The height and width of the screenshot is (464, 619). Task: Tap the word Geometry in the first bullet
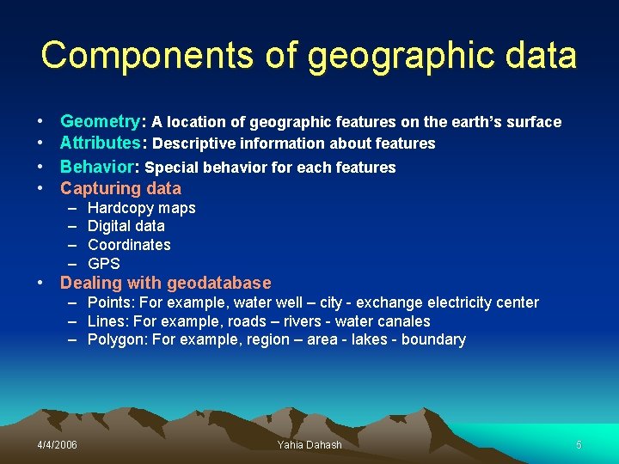[100, 122]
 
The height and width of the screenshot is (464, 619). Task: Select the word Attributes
[100, 143]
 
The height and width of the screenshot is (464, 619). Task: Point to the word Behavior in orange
[96, 166]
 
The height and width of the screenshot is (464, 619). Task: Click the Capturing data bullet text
[120, 188]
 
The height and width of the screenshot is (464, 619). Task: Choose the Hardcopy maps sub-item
[142, 208]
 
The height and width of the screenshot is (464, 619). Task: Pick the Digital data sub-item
[126, 226]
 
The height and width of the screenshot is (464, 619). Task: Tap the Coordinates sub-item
[129, 245]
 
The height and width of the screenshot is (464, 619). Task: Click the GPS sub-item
[104, 264]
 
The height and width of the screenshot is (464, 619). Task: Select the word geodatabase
[219, 283]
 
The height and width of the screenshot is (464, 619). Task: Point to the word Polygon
[115, 339]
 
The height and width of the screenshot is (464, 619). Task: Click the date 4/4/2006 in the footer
[57, 444]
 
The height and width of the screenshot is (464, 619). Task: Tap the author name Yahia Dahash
[309, 444]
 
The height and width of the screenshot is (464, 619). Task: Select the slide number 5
[579, 444]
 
